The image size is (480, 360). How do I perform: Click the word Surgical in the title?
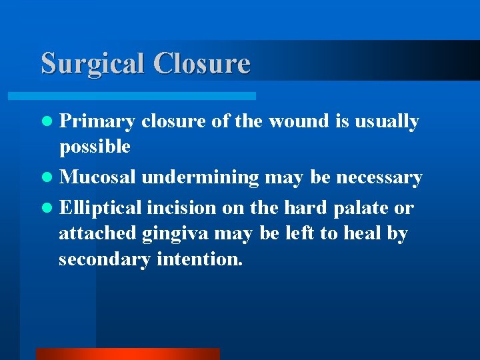(x=93, y=63)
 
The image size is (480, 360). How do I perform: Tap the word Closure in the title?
(x=201, y=63)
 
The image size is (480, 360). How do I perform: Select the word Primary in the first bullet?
(x=97, y=122)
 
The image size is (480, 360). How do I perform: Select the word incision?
(x=182, y=207)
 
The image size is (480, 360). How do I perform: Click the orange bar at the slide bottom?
(x=127, y=354)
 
